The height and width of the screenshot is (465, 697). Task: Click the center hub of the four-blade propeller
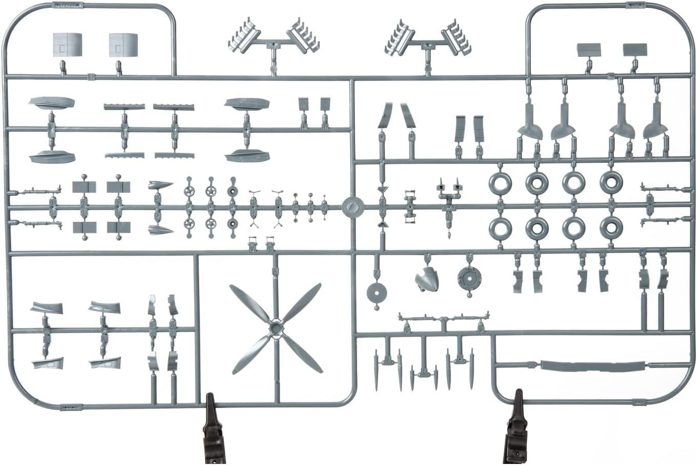[275, 327]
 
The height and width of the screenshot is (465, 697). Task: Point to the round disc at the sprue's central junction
[353, 207]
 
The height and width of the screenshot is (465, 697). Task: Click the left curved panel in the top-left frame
[67, 46]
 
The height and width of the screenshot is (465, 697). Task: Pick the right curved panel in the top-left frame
[123, 46]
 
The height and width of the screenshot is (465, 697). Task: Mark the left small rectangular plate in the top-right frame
[588, 50]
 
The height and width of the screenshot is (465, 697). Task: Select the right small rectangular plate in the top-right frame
[634, 50]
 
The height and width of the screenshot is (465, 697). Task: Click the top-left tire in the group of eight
[500, 183]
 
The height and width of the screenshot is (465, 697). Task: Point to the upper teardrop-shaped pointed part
[159, 185]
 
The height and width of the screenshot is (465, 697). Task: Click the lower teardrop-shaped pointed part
[160, 230]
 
